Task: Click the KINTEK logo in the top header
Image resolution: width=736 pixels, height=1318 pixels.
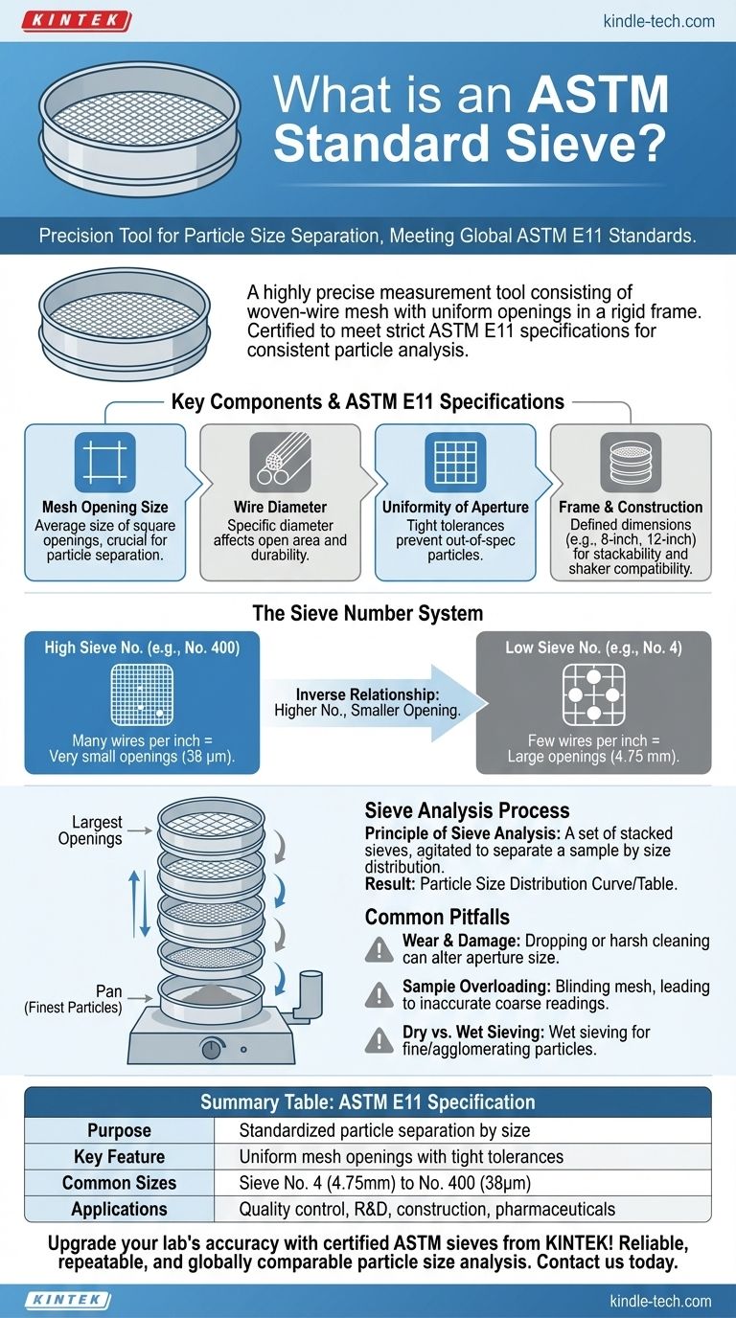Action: (x=76, y=20)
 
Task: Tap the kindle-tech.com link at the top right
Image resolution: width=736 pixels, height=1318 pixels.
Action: (x=659, y=20)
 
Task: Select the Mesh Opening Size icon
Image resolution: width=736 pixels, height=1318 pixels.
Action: (x=104, y=463)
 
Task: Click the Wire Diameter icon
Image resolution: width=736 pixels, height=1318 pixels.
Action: (x=280, y=463)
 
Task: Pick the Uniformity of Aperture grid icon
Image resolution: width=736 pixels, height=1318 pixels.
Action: (x=455, y=463)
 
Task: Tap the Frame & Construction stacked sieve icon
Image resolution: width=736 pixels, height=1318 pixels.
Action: (x=630, y=463)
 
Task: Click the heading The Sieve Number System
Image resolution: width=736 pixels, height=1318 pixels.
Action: (x=367, y=613)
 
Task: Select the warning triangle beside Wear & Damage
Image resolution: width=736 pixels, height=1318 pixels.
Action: (x=380, y=949)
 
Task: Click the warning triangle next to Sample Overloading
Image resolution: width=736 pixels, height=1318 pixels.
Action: (x=380, y=995)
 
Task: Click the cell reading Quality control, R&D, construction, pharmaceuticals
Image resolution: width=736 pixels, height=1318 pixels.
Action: (x=426, y=1209)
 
